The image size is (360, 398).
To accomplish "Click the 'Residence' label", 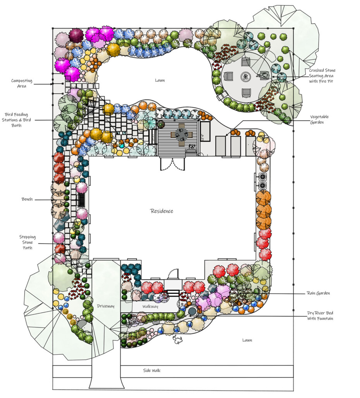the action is (162, 211).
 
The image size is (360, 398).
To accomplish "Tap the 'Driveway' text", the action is (106, 306).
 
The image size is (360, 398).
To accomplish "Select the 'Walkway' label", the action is (150, 306).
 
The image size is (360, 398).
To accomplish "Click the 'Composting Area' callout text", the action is (22, 83).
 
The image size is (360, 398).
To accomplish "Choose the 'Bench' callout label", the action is (27, 199).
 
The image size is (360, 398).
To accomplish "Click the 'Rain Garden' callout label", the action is (318, 293).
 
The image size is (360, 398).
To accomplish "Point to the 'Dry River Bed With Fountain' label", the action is (319, 316).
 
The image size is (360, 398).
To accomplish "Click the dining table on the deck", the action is (182, 134).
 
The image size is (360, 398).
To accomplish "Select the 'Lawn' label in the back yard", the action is (159, 81).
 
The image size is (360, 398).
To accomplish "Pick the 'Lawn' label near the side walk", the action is (247, 340).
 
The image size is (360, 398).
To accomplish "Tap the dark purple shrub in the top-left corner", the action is (76, 35).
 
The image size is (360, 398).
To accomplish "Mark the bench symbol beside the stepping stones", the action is (82, 200).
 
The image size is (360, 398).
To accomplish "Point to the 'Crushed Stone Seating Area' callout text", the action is (322, 75).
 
